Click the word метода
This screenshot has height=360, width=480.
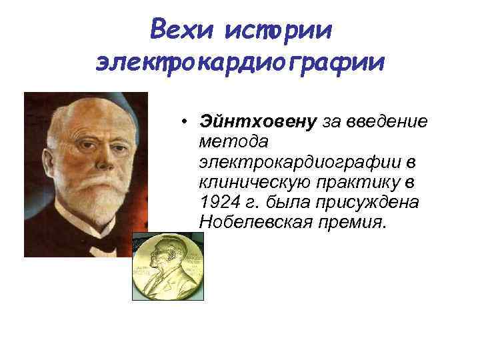click(x=233, y=141)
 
